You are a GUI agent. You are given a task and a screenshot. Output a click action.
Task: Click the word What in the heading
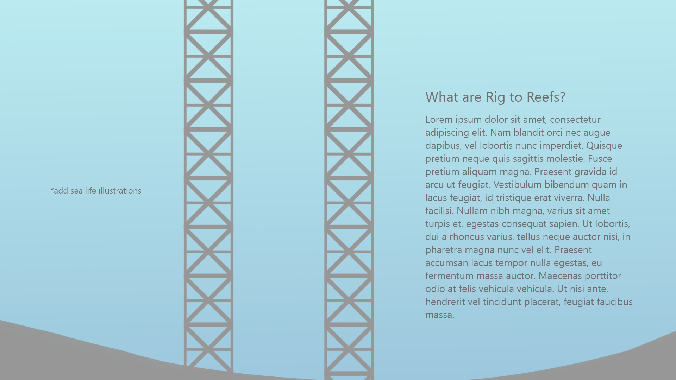coord(442,97)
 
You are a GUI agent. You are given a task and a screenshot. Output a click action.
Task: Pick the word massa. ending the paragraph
coord(440,315)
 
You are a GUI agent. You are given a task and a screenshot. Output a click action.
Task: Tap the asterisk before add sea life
coord(52,190)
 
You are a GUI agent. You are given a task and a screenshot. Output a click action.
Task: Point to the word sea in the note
coord(76,191)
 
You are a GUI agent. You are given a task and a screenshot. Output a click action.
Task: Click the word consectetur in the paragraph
coord(575,120)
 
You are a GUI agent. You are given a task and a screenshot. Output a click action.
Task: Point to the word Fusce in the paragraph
coord(600,159)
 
